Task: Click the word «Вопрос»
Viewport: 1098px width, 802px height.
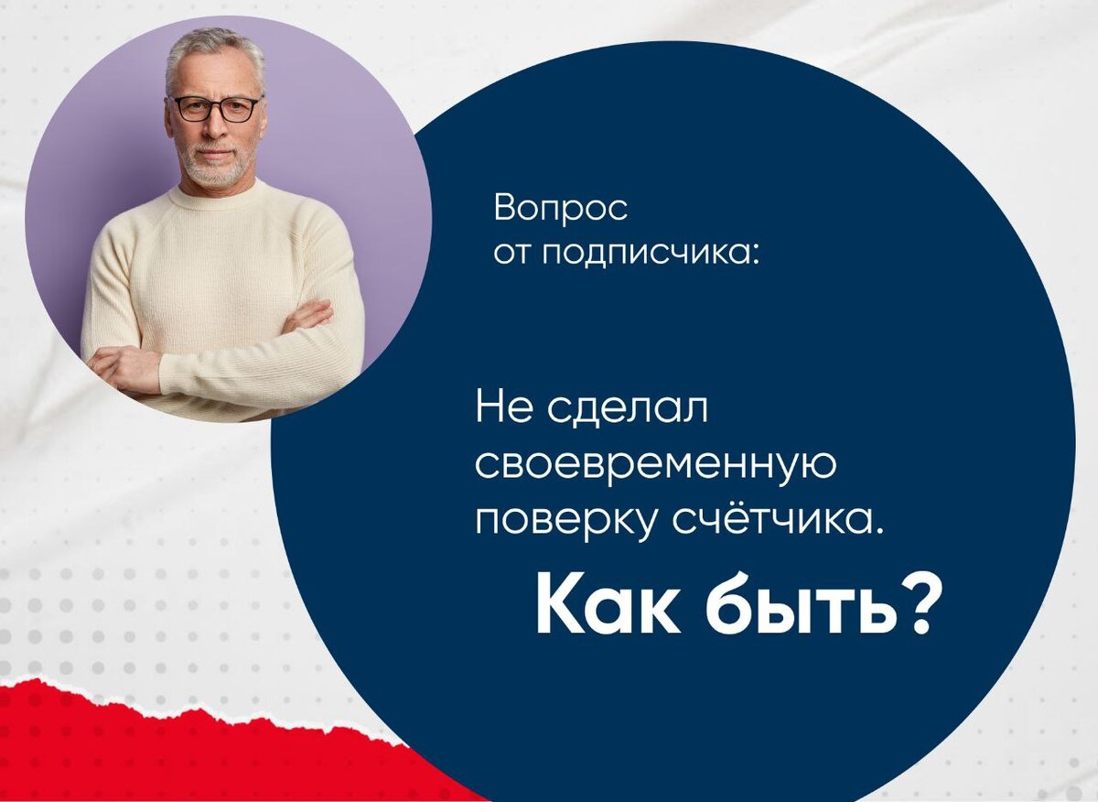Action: (x=561, y=210)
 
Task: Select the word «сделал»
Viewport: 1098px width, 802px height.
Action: (x=629, y=409)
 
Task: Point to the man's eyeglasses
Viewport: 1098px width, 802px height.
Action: (x=216, y=108)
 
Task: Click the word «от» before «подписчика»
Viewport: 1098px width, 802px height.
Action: (x=512, y=253)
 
